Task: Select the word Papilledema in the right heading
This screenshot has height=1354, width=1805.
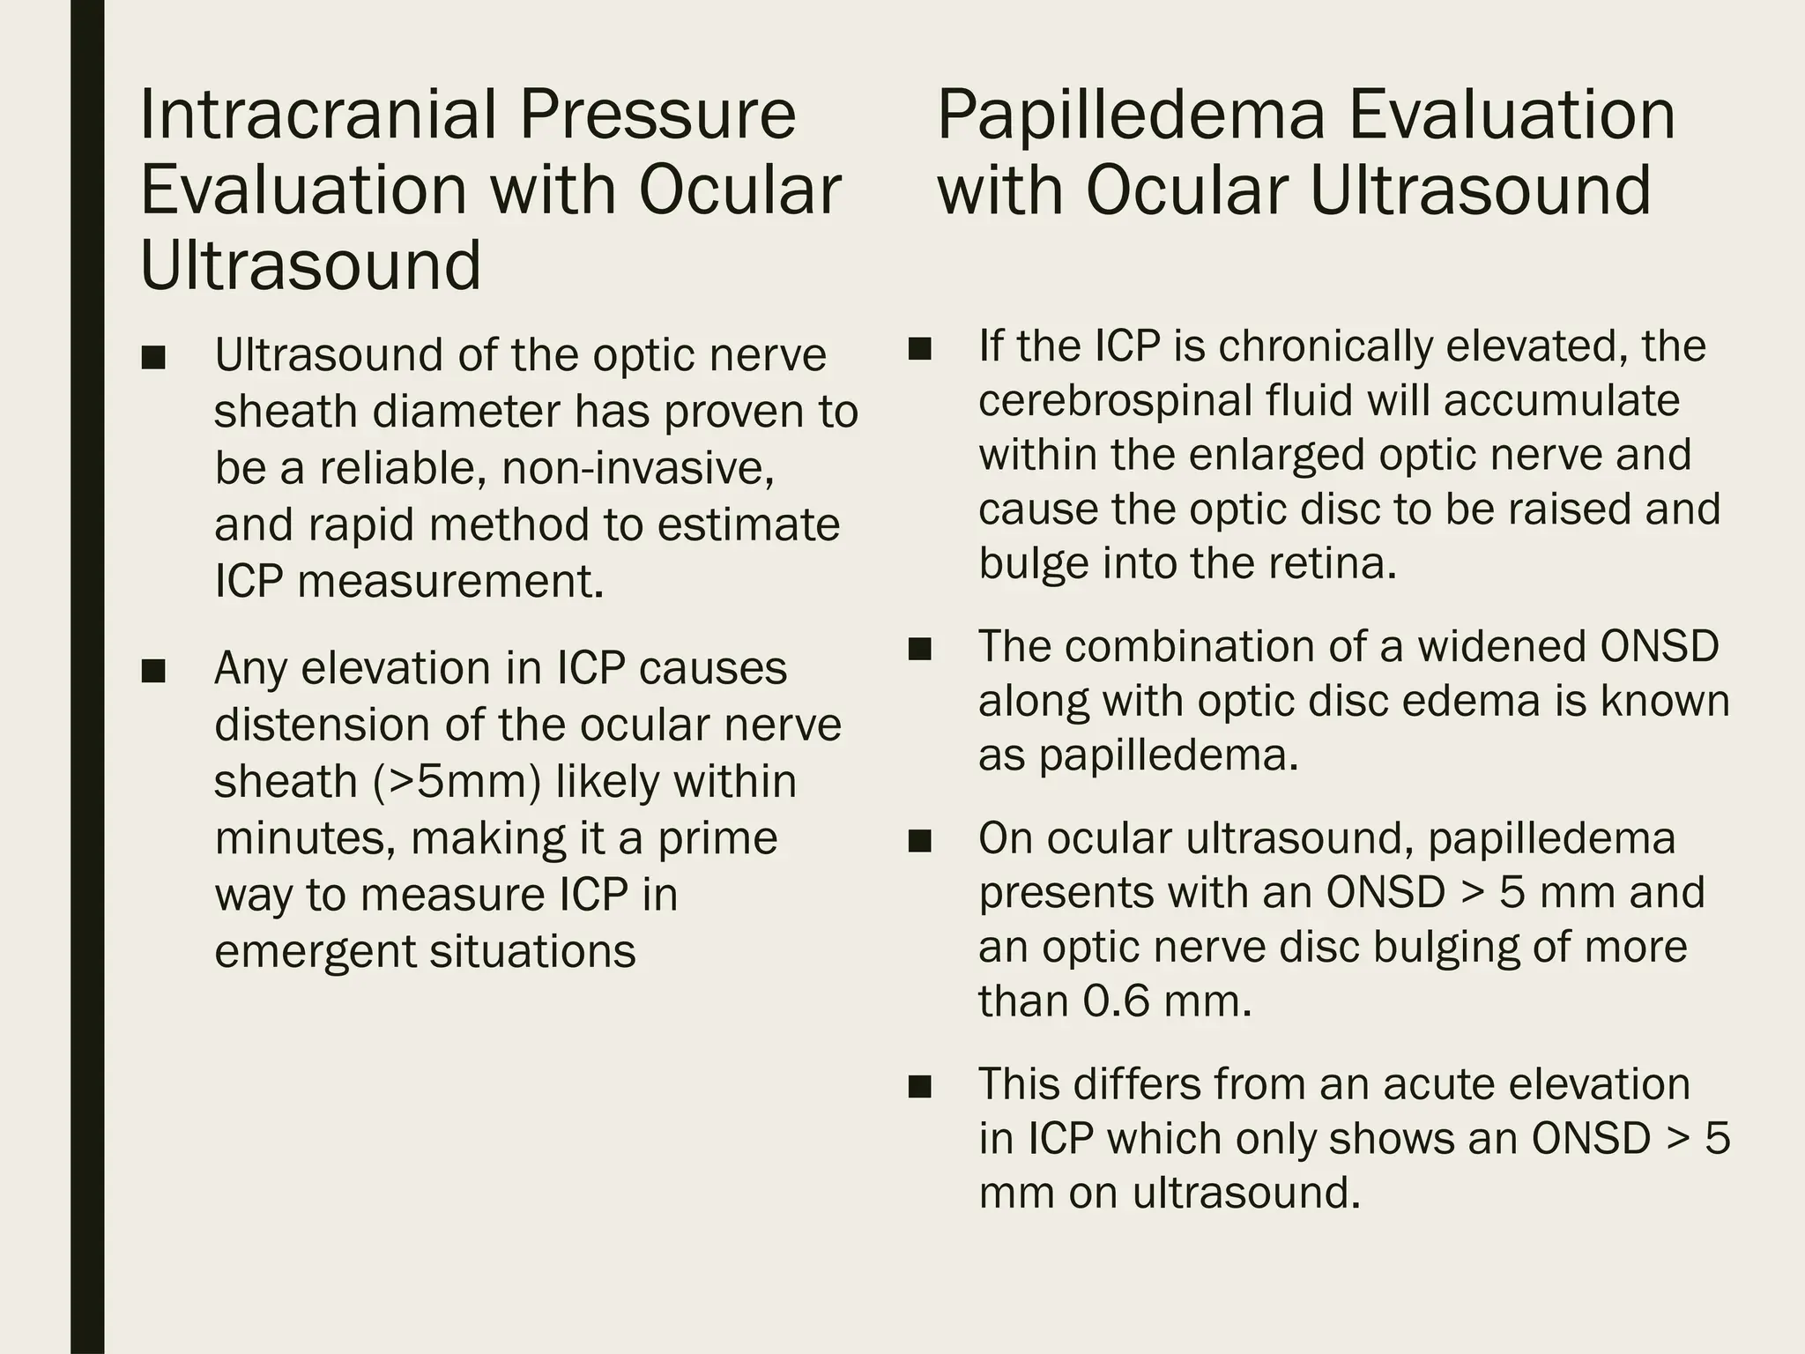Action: (1130, 116)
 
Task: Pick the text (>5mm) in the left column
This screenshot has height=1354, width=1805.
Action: (457, 781)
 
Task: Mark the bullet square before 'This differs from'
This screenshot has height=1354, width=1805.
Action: (919, 1087)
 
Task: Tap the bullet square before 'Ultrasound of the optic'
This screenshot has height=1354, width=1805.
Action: (153, 359)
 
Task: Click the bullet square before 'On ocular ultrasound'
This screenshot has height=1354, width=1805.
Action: (919, 842)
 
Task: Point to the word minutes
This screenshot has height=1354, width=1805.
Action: (304, 837)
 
